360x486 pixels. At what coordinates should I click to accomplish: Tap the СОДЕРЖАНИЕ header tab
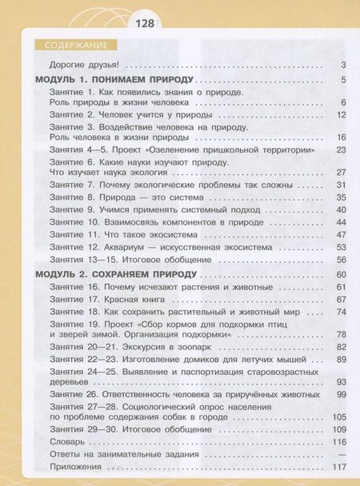tap(72, 44)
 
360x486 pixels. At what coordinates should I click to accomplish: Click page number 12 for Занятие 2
tap(339, 114)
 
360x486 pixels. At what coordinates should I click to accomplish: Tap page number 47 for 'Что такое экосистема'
tap(339, 234)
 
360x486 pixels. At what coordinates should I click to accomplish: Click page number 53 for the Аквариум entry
tap(339, 247)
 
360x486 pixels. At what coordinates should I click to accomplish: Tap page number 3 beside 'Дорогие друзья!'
tap(342, 65)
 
